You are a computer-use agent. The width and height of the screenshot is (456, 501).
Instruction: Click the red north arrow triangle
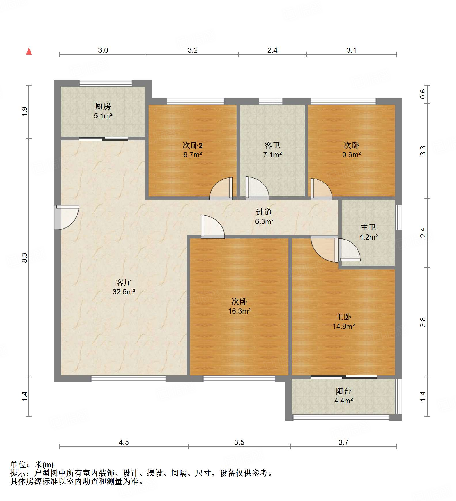point(29,51)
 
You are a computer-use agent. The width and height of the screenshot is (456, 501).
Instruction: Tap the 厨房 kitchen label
point(103,107)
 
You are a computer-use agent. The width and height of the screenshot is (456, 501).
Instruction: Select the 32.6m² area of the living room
point(124,292)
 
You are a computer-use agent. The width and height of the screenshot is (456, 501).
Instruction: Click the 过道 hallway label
point(264,212)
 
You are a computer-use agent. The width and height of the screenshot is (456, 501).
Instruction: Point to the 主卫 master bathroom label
point(368,227)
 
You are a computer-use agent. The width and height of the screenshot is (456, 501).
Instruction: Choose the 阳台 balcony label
point(343,391)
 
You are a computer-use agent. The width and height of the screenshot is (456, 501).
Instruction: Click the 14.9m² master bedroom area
point(343,327)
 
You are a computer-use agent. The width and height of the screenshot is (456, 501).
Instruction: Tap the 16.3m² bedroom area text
point(239,311)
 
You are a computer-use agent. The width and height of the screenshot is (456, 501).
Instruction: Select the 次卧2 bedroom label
point(193,145)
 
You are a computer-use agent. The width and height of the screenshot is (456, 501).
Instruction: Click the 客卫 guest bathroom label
point(272,145)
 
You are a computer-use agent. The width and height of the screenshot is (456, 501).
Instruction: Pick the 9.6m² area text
point(351,155)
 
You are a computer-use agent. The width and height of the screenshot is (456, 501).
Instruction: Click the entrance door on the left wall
point(66,217)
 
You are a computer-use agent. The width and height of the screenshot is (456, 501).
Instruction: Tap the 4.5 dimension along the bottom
point(124,442)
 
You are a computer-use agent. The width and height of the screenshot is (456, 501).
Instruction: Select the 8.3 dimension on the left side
point(24,257)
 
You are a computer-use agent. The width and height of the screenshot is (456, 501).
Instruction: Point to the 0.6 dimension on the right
point(423,94)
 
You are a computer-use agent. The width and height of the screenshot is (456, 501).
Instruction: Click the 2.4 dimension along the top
point(272,50)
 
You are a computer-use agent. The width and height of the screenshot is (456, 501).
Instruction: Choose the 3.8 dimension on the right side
point(423,322)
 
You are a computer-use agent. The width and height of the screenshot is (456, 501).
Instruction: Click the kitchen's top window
point(106,83)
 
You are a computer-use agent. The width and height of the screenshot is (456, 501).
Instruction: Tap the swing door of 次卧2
point(221,188)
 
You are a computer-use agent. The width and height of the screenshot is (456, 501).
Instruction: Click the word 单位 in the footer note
point(18,465)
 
